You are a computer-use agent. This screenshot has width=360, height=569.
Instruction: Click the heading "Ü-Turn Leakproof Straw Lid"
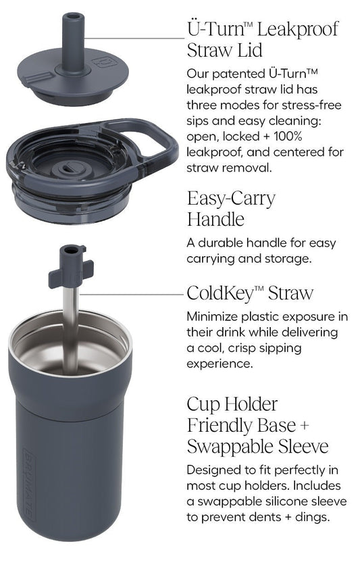[263, 40]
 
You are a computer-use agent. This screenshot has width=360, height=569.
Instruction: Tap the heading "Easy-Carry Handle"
[231, 209]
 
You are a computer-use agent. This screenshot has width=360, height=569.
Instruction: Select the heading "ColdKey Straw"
[250, 293]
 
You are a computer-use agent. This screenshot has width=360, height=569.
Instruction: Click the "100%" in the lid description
[288, 137]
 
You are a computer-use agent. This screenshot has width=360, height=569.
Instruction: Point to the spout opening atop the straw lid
[73, 16]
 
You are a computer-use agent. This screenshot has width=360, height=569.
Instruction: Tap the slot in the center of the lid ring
[69, 168]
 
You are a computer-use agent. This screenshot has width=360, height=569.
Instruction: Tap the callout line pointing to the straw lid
[135, 38]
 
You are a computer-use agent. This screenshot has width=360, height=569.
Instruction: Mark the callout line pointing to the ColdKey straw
[131, 294]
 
